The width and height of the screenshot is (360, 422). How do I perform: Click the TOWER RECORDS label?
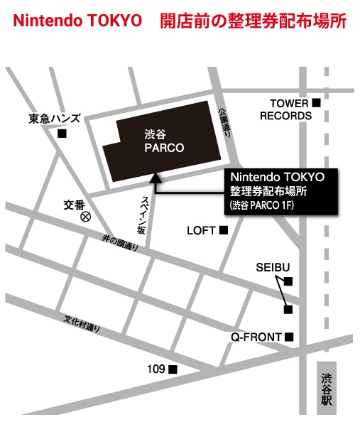285,109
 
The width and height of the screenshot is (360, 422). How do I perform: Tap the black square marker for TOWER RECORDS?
316,103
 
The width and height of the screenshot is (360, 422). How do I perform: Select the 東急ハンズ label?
55,118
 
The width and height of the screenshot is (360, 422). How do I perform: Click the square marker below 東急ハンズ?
62,134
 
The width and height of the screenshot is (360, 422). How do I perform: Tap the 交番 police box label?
74,204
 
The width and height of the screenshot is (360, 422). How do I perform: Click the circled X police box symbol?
86,216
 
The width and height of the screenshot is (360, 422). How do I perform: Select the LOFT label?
200,230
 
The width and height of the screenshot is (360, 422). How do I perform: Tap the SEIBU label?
273,267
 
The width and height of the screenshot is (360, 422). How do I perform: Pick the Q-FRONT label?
256,336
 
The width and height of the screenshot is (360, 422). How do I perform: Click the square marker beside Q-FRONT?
288,336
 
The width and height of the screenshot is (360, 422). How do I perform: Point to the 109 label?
156,369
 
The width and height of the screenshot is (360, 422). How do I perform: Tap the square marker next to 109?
173,369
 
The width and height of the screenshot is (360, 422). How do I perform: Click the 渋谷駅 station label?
326,389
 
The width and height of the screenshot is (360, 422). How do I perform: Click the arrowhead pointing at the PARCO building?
156,177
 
